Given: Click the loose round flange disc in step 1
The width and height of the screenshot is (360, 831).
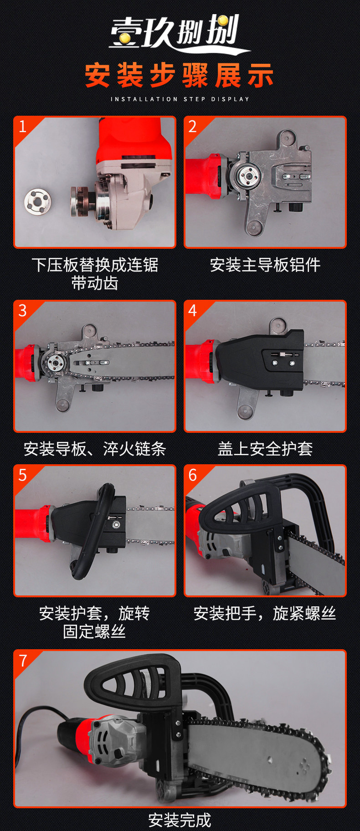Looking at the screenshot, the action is point(37,201).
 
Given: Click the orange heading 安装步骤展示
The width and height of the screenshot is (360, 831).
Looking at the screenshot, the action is point(180,75).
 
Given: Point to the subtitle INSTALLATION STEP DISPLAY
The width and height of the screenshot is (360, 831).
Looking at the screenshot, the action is point(180,99).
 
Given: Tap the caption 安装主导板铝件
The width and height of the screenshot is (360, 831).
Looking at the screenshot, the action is point(265,265).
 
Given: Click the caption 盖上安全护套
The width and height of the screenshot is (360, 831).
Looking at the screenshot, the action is point(265,449).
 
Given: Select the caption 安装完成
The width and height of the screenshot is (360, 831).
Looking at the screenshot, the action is point(180,820).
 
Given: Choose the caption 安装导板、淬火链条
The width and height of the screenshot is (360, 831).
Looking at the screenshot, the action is point(95,449).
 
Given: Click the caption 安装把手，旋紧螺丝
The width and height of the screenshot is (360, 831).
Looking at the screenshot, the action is point(265,614).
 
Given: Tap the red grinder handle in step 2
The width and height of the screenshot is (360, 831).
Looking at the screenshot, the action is point(202,176).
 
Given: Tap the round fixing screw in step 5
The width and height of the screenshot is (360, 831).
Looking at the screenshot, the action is point(116,525).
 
